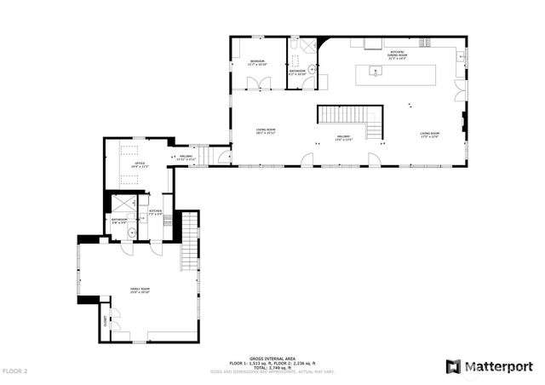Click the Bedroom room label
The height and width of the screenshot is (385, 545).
[256, 62]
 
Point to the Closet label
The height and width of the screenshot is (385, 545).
[106, 321]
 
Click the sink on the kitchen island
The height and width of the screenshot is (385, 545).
[376, 72]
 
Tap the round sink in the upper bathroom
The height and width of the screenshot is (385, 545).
[312, 68]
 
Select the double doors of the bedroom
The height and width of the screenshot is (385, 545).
[257, 83]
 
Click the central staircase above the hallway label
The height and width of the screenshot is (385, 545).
[349, 115]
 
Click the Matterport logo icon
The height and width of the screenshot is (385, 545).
[454, 366]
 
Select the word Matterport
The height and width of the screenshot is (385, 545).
[498, 366]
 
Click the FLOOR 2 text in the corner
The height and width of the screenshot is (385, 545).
[14, 371]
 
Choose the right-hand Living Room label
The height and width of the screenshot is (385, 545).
[428, 134]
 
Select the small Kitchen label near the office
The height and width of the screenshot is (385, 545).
[156, 210]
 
